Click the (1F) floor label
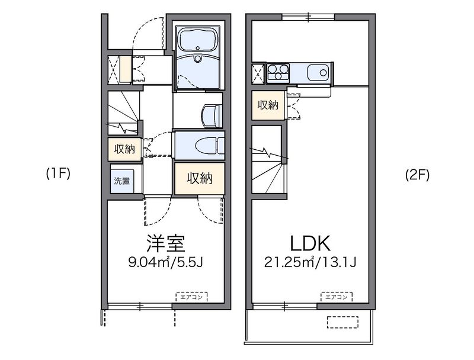click(x=58, y=173)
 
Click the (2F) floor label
click(x=417, y=174)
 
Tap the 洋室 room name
click(x=166, y=243)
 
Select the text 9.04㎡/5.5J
click(x=165, y=262)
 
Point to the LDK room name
click(x=310, y=243)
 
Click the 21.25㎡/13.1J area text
click(x=310, y=262)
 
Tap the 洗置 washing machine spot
click(x=122, y=181)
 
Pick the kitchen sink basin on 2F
click(x=318, y=73)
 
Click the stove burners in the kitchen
click(x=278, y=72)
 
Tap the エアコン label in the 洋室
click(x=191, y=297)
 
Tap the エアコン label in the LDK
click(x=337, y=297)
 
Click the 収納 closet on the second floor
click(x=268, y=105)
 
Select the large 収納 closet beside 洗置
click(x=200, y=178)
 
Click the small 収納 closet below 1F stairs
click(x=124, y=149)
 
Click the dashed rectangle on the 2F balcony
click(x=342, y=322)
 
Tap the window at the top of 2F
click(x=308, y=17)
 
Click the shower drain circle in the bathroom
click(x=198, y=58)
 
